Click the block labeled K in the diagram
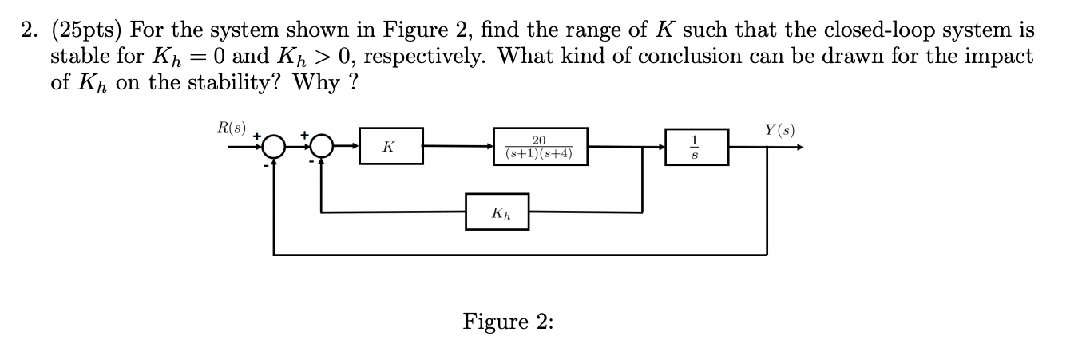(390, 146)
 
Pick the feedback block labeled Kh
(497, 212)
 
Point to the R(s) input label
(232, 127)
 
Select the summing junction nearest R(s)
(274, 147)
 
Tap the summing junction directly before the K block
(321, 147)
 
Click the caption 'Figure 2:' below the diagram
(508, 322)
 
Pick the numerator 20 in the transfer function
(539, 139)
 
